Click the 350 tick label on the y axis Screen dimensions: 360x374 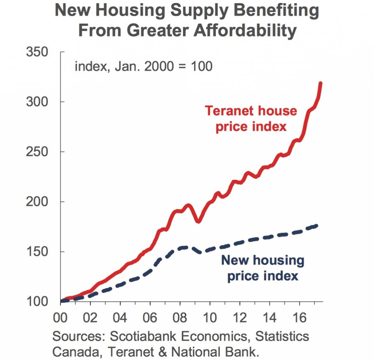tap(37, 52)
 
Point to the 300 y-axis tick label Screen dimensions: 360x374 tap(37, 102)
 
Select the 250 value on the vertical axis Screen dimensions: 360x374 tap(37, 152)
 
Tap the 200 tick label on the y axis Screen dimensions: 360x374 tap(37, 202)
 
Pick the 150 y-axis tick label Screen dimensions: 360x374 tap(37, 252)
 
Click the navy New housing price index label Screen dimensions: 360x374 tap(263, 268)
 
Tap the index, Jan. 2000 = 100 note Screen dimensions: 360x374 tap(144, 67)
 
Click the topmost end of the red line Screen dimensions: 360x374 tap(321, 84)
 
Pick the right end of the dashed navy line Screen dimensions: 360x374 tap(318, 225)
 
